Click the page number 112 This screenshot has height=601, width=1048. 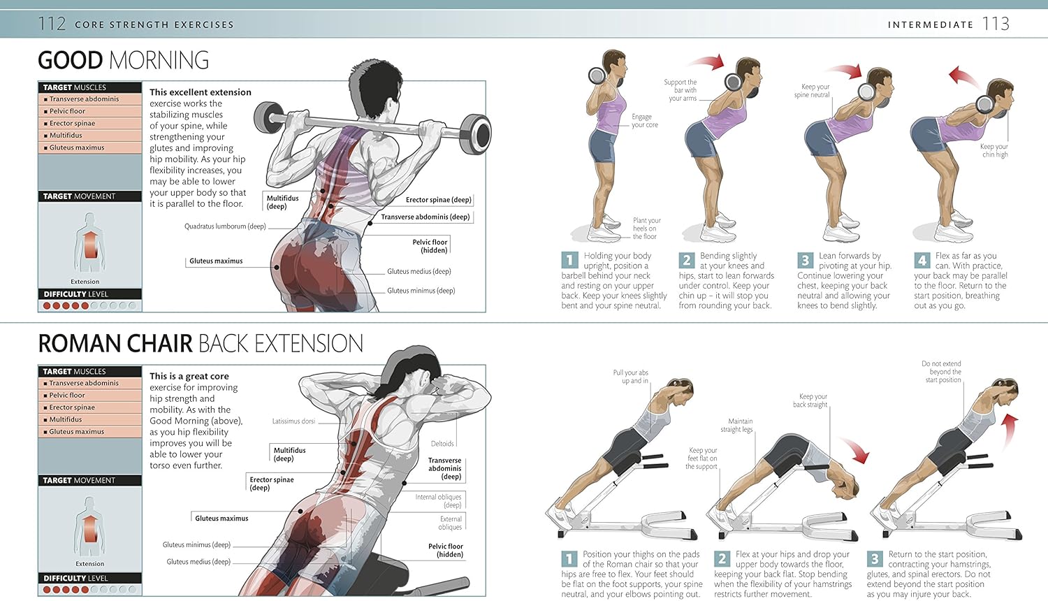(x=52, y=24)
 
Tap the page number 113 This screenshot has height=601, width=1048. (x=996, y=24)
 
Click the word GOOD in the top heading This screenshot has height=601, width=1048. (x=70, y=60)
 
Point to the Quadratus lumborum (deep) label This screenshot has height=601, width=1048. (x=225, y=226)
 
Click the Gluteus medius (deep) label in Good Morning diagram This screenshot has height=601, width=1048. (x=419, y=272)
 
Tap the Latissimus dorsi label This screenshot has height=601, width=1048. (x=293, y=421)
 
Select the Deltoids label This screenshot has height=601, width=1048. (x=442, y=444)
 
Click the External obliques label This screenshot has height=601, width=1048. (x=450, y=523)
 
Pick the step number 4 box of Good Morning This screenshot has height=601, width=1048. (x=922, y=261)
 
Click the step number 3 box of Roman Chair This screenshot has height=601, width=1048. (x=874, y=559)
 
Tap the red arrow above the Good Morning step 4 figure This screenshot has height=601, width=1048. (x=964, y=76)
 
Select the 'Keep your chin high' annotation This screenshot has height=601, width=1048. (x=994, y=150)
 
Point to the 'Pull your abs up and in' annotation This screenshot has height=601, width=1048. (x=631, y=377)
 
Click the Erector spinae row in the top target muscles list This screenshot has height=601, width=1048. (x=72, y=124)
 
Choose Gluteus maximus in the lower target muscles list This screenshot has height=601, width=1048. (x=76, y=432)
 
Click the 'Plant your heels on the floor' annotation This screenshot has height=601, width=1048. (x=646, y=229)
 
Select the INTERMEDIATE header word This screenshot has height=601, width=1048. (x=931, y=24)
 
